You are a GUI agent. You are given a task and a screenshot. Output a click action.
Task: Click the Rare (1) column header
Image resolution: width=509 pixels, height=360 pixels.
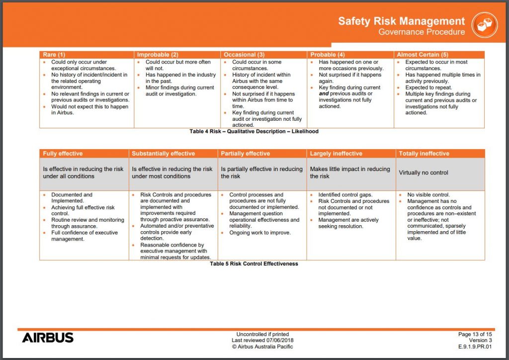[54, 54]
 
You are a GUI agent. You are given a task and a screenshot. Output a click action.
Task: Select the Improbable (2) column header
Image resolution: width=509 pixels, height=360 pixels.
[158, 54]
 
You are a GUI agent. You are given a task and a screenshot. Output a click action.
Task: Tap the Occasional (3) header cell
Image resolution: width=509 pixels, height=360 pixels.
[244, 54]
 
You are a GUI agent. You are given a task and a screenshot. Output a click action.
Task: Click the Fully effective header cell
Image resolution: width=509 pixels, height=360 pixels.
[63, 154]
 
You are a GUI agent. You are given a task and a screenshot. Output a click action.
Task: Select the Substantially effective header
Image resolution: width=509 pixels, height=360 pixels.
[164, 154]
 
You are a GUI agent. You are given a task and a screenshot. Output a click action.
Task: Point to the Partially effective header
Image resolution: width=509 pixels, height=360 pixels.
[246, 154]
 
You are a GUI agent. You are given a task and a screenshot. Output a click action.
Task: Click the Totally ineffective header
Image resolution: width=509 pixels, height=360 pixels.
[424, 154]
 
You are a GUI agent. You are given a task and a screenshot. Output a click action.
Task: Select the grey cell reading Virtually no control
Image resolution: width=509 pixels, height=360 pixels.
[424, 173]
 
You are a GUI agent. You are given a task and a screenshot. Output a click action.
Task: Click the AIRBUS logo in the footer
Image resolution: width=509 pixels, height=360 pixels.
[48, 338]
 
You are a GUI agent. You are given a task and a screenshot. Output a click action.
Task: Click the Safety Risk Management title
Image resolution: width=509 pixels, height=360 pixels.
[402, 21]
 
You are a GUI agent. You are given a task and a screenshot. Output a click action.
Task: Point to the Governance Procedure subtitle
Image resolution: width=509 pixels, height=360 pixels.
[422, 32]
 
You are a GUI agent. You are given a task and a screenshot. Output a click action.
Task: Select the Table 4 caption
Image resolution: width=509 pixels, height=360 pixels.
[254, 132]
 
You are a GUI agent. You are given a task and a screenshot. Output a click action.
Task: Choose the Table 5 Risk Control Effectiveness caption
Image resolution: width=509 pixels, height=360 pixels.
[254, 264]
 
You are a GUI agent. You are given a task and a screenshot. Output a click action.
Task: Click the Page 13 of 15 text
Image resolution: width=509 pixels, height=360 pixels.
[475, 334]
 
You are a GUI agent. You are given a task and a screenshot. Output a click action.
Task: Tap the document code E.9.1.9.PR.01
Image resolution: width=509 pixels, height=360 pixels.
[475, 347]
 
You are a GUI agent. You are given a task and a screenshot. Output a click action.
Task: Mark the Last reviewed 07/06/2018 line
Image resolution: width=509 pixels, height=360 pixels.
[262, 340]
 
